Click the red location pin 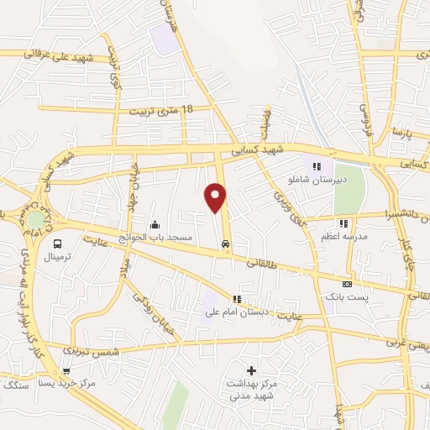pyautogui.click(x=217, y=197)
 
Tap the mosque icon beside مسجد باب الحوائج pyautogui.click(x=155, y=225)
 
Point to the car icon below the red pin pyautogui.click(x=225, y=244)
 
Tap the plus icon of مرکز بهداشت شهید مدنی pyautogui.click(x=250, y=370)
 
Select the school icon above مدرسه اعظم pyautogui.click(x=343, y=223)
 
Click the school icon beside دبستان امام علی pyautogui.click(x=237, y=299)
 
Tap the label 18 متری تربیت pyautogui.click(x=162, y=110)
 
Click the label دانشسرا pyautogui.click(x=401, y=215)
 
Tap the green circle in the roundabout pyautogui.click(x=35, y=220)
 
